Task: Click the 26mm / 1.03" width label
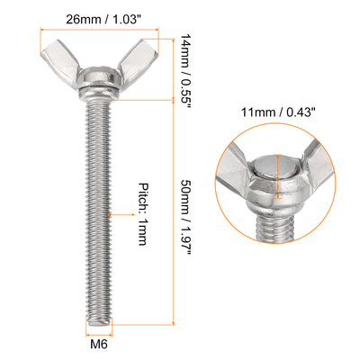coord(103,20)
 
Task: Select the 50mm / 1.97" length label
coord(185,218)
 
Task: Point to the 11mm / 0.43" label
coord(279,112)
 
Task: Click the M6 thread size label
coord(99,344)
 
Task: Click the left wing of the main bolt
coord(61,64)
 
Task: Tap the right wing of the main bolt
coord(138,63)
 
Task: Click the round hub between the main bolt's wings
coord(99,78)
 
